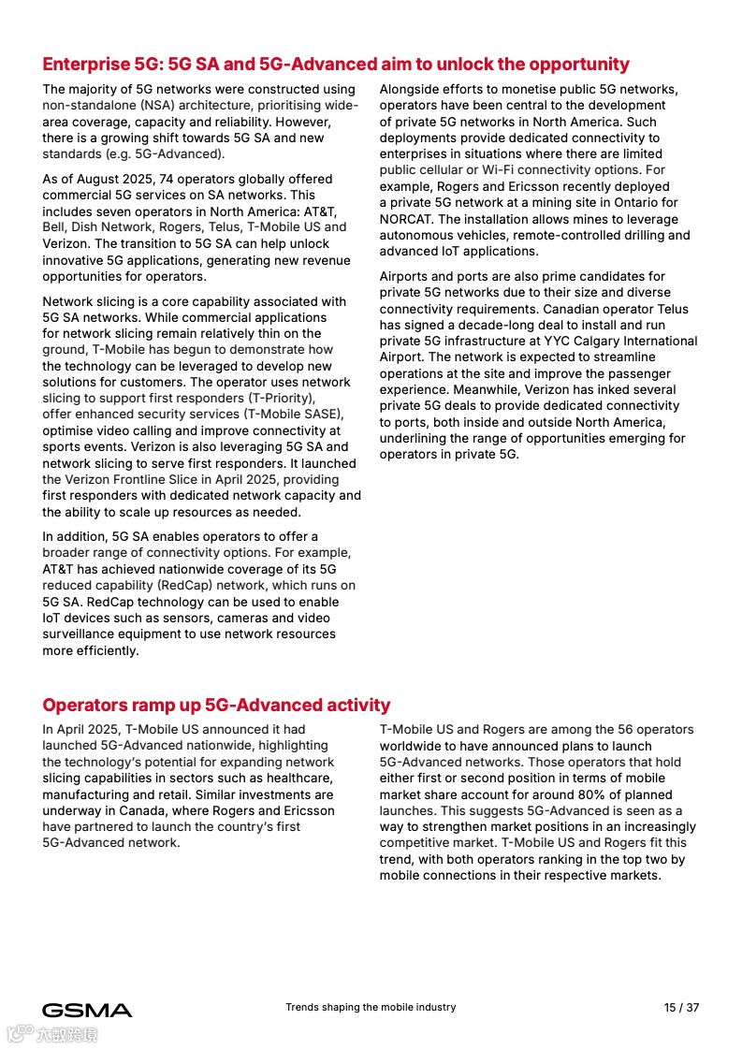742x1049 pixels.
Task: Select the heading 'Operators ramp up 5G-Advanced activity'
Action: click(216, 706)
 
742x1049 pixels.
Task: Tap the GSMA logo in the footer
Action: click(87, 1010)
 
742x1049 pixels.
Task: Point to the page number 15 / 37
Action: click(681, 1008)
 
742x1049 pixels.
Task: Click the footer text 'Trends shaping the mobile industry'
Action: click(371, 1008)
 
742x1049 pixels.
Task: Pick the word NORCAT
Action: click(405, 219)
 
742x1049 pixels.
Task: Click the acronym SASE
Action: click(320, 415)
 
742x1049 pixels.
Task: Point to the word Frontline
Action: click(151, 480)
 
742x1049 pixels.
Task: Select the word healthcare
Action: click(301, 779)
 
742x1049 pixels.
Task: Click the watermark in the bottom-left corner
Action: click(53, 1034)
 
